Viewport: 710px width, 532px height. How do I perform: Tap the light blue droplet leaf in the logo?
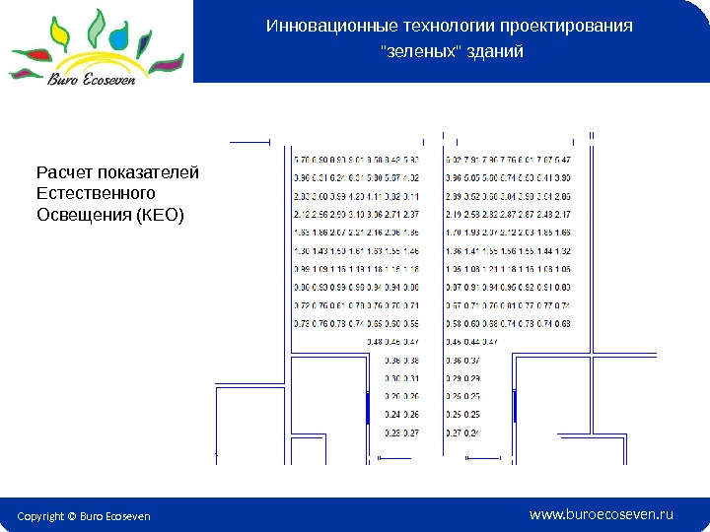click(119, 37)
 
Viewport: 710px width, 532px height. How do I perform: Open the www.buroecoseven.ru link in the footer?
click(601, 513)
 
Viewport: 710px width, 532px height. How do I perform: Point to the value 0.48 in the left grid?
click(375, 341)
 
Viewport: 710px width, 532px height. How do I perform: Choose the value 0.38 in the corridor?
click(411, 360)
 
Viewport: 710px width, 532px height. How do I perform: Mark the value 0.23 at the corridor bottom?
click(392, 432)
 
